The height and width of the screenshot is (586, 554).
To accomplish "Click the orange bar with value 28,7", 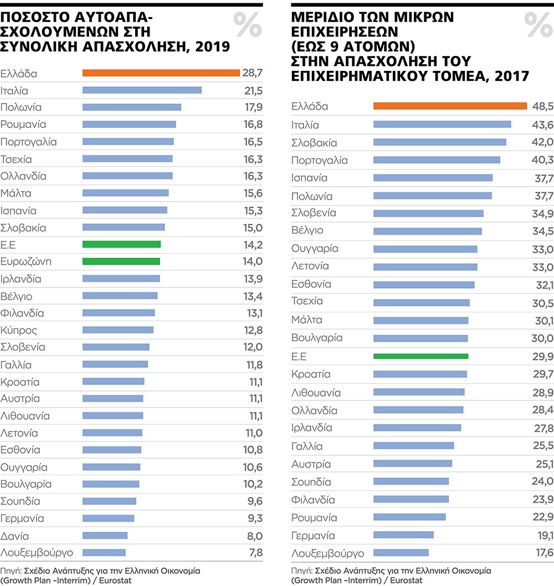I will [161, 73].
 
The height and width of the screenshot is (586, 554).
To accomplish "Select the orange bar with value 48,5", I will [450, 106].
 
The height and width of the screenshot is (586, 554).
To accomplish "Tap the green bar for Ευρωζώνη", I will [121, 261].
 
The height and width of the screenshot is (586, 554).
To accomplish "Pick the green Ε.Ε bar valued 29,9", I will [420, 357].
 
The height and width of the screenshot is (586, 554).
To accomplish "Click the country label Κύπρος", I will [19, 331].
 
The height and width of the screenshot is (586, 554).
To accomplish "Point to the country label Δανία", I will [15, 536].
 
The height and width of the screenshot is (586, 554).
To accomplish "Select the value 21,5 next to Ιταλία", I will [253, 90].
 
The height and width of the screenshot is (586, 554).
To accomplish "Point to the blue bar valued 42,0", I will [440, 142].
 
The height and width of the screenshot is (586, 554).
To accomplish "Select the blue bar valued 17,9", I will [131, 107].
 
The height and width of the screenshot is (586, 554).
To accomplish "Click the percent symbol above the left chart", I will [247, 24].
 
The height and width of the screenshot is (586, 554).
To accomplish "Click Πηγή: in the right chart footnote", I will [301, 570].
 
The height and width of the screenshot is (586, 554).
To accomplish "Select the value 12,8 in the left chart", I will [253, 331].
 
